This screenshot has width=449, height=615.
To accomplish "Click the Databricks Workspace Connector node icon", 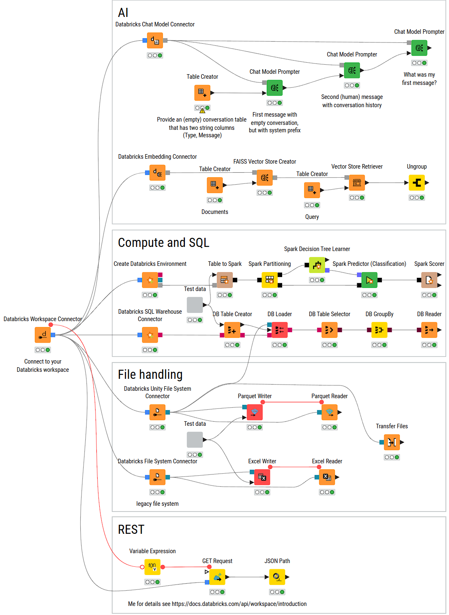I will (x=43, y=335).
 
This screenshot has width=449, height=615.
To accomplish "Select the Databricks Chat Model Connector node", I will (x=155, y=40).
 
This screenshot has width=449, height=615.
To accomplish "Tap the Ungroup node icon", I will (x=416, y=183).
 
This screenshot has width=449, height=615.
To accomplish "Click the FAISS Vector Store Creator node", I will (x=264, y=178).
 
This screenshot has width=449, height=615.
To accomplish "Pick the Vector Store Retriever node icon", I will (x=357, y=183).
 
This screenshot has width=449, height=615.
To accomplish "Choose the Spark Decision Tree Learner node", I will (x=317, y=265).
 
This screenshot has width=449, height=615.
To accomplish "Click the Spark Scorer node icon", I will (x=429, y=280).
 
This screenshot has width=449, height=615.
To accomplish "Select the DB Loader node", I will (x=280, y=330).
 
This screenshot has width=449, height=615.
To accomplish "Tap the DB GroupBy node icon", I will (x=379, y=330).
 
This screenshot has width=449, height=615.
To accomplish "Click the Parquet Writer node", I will (x=255, y=412).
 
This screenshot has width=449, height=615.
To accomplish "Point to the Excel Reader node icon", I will (x=327, y=477).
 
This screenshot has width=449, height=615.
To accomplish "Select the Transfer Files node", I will (x=392, y=442).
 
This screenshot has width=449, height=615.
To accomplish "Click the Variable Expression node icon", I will (x=152, y=567).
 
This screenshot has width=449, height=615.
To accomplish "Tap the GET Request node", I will (x=217, y=577).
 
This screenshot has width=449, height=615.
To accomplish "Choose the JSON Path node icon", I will (x=277, y=577).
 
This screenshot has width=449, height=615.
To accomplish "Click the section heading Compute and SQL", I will (x=164, y=243).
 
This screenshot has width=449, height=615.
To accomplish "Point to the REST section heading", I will (x=131, y=530).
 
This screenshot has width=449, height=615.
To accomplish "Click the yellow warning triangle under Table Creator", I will (x=202, y=110).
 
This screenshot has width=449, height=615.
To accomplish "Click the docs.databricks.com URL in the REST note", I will (x=239, y=604).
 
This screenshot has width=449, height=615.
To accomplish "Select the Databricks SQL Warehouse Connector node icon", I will (x=150, y=335).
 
